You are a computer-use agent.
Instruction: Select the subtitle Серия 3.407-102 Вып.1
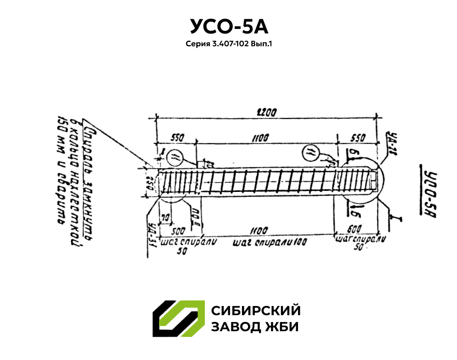[x=229, y=44]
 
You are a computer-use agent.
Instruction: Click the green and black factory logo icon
[x=178, y=319]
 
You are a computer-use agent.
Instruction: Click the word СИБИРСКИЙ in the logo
[x=256, y=311]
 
